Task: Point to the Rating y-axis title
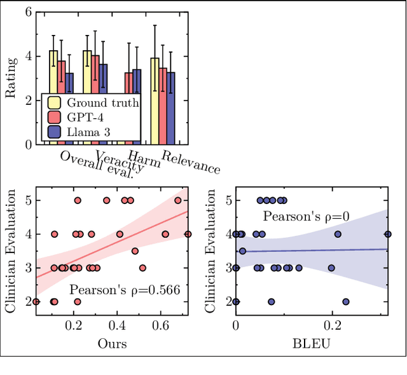click(11, 78)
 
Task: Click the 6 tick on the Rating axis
click(27, 11)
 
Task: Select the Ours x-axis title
click(111, 343)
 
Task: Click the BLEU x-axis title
click(312, 343)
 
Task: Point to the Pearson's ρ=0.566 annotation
click(124, 290)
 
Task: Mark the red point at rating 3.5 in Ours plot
click(135, 251)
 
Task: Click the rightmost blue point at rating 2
click(346, 302)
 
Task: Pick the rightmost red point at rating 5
click(177, 200)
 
